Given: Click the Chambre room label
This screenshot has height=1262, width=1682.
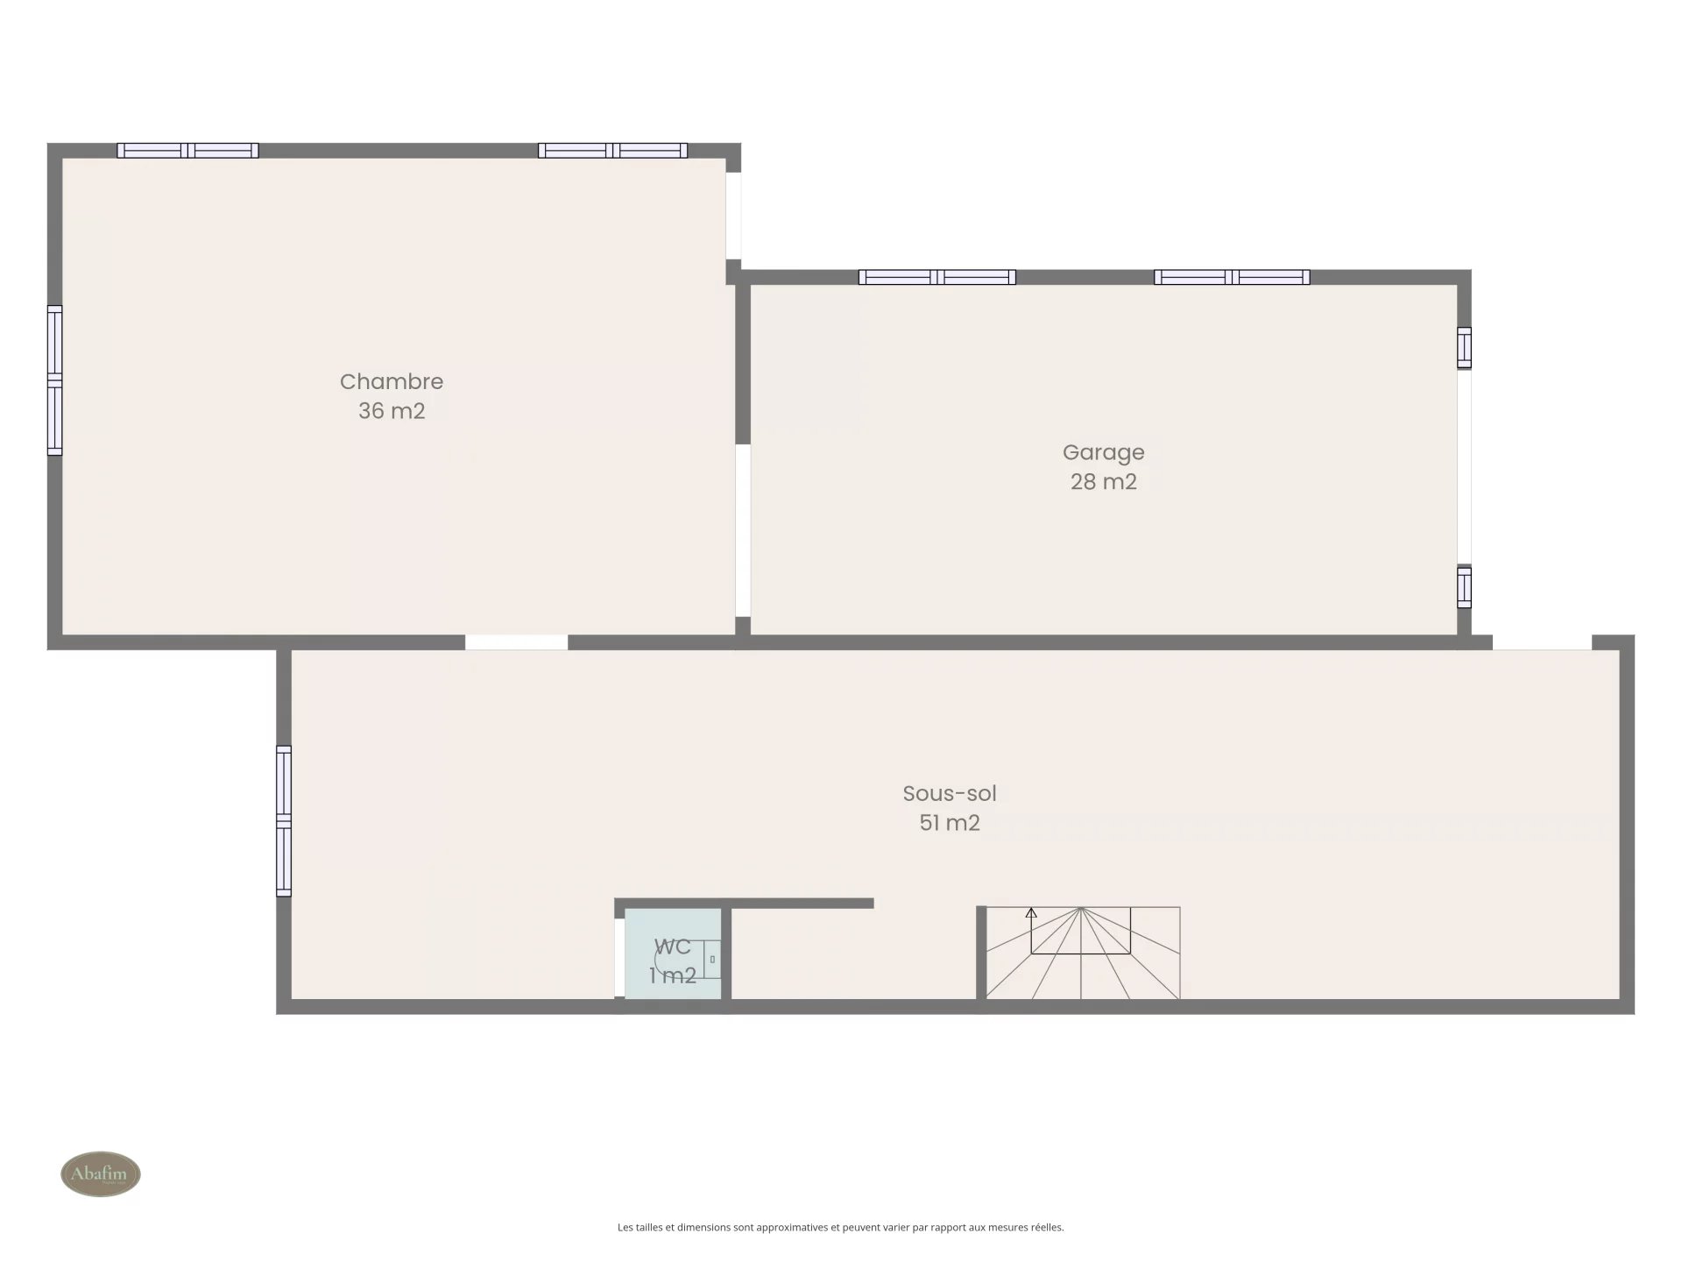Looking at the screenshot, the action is click(392, 381).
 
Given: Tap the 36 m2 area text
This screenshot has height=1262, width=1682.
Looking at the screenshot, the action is click(392, 411).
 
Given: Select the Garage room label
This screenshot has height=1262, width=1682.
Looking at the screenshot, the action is click(1104, 452).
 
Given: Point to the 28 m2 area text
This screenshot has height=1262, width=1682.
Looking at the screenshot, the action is click(1104, 482).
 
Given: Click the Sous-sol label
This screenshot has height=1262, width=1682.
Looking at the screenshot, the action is click(950, 793).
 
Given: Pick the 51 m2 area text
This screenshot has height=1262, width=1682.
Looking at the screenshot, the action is click(950, 823).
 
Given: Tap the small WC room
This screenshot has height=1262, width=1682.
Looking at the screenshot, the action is click(673, 954).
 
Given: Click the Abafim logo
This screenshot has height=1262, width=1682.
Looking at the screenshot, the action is click(101, 1173).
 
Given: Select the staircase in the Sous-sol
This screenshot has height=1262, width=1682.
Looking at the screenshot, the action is click(1083, 953).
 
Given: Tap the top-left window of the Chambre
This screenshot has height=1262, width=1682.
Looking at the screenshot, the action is click(187, 151).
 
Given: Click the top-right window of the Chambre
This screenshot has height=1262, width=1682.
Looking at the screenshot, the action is click(612, 151).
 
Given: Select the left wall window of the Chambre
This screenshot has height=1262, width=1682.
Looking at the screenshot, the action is click(54, 380).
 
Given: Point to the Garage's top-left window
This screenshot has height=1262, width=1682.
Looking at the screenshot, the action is click(936, 278).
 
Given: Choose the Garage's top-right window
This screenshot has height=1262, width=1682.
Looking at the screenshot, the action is click(1232, 278).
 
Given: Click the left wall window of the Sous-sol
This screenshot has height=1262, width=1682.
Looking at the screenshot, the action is click(284, 821).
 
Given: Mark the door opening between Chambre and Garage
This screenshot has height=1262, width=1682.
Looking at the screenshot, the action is click(743, 530).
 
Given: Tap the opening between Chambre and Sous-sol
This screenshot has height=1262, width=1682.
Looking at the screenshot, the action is click(516, 642).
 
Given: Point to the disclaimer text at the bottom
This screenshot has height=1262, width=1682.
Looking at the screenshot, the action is click(841, 1228).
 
